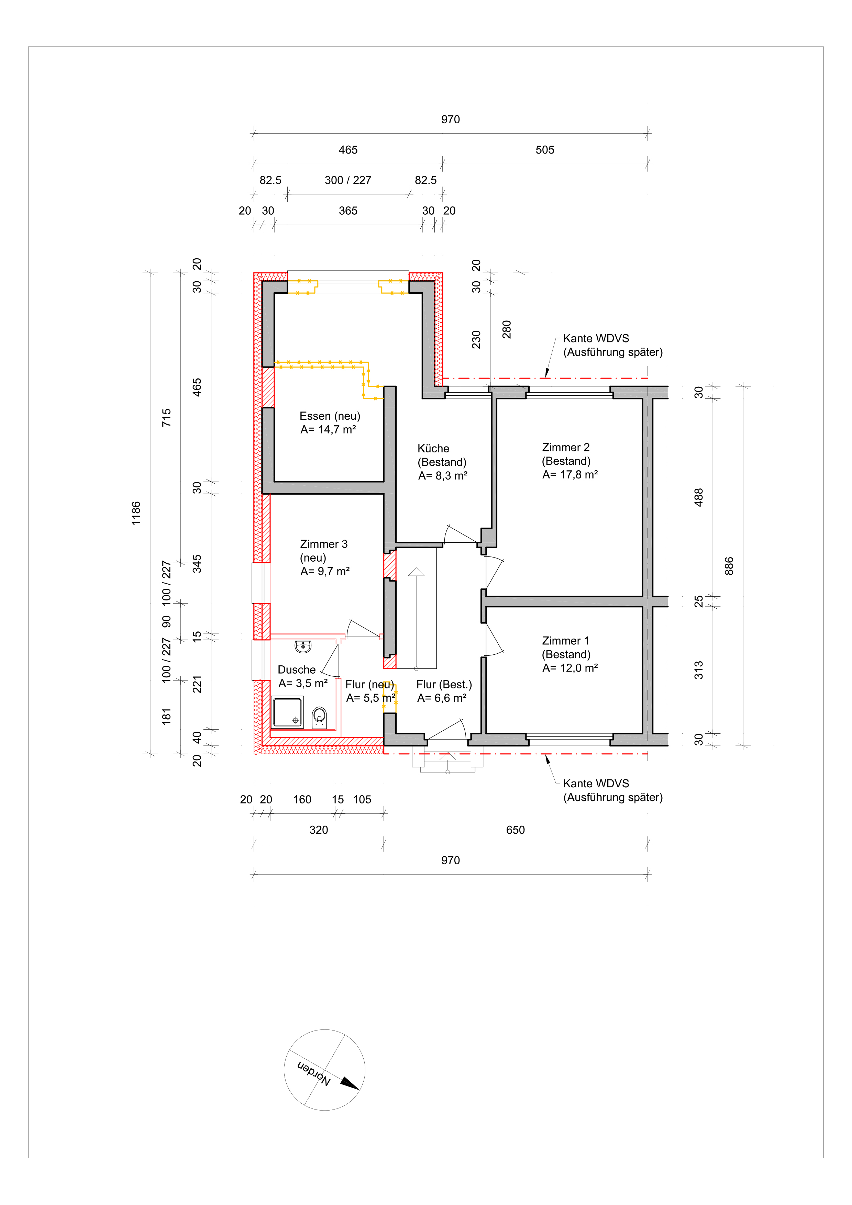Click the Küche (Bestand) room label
tap(442, 462)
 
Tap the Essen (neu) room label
tap(330, 423)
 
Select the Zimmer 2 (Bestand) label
tap(569, 461)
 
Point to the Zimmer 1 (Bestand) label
tap(569, 654)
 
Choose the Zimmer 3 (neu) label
tap(324, 558)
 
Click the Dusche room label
tap(297, 670)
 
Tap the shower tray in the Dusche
tap(287, 712)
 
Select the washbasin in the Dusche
tap(303, 646)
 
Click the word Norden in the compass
tap(314, 1074)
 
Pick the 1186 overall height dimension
tap(136, 513)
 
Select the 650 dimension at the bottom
tap(516, 830)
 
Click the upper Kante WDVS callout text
tap(612, 345)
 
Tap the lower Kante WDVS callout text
tap(612, 790)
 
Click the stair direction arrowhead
tap(416, 572)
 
